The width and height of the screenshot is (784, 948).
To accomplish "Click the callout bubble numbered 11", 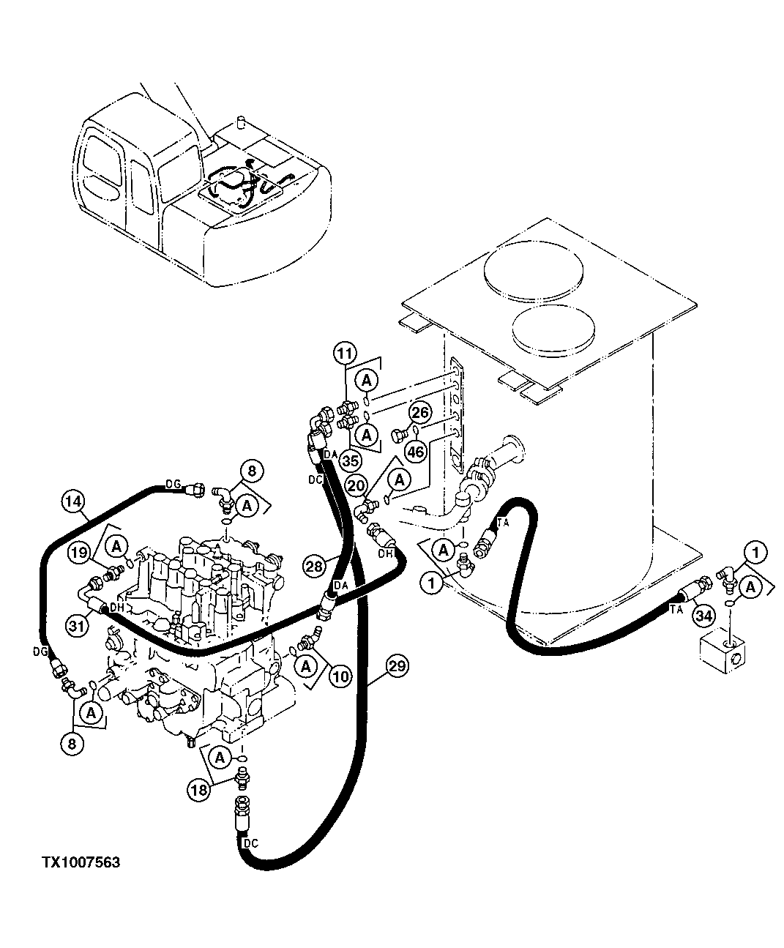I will (x=346, y=353).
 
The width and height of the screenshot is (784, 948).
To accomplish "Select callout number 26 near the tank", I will (x=419, y=413).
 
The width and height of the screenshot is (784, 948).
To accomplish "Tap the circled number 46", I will (x=415, y=452).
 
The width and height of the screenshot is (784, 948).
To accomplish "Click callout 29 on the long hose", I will (x=397, y=666).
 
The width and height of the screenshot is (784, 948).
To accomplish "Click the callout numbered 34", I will (x=703, y=616).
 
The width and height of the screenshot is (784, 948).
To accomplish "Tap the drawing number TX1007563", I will (x=81, y=863).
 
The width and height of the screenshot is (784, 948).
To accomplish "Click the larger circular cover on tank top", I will (x=534, y=270).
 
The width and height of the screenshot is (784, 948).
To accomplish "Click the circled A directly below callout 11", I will (x=367, y=379).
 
